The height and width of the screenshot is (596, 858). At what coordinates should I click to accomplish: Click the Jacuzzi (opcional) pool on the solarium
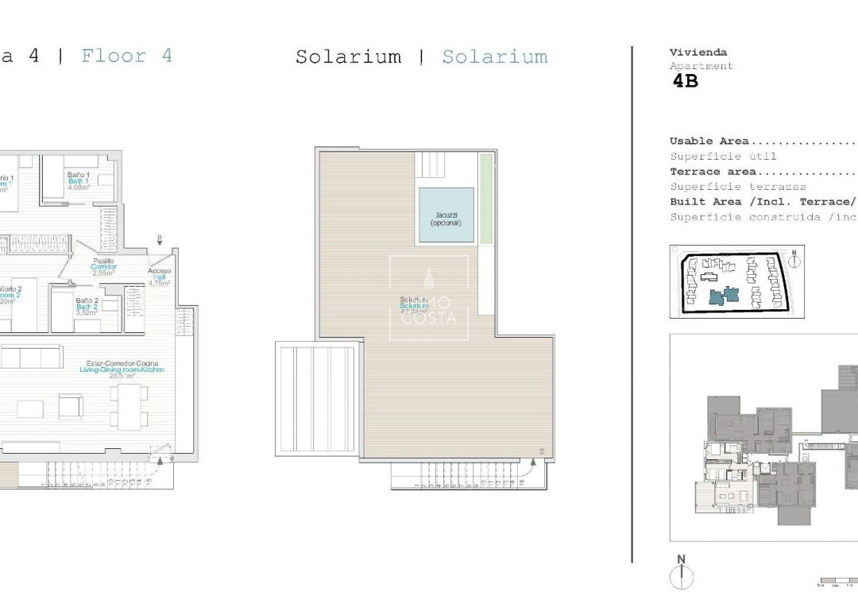446,215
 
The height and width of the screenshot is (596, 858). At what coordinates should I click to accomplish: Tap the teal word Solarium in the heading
494,57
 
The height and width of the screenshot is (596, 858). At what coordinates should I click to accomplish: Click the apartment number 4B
685,80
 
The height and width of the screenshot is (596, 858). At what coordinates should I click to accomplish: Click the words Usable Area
709,141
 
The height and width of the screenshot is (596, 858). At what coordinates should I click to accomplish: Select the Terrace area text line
713,172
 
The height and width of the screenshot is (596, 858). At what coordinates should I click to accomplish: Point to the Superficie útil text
723,157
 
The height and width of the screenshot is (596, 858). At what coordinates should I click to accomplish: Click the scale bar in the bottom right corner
838,584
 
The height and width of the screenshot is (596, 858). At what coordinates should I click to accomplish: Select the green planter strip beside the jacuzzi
485,199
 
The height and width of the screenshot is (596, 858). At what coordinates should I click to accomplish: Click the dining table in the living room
129,406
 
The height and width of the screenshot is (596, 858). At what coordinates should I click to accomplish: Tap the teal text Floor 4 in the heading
126,56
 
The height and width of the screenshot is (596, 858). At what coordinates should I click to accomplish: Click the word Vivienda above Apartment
686,52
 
